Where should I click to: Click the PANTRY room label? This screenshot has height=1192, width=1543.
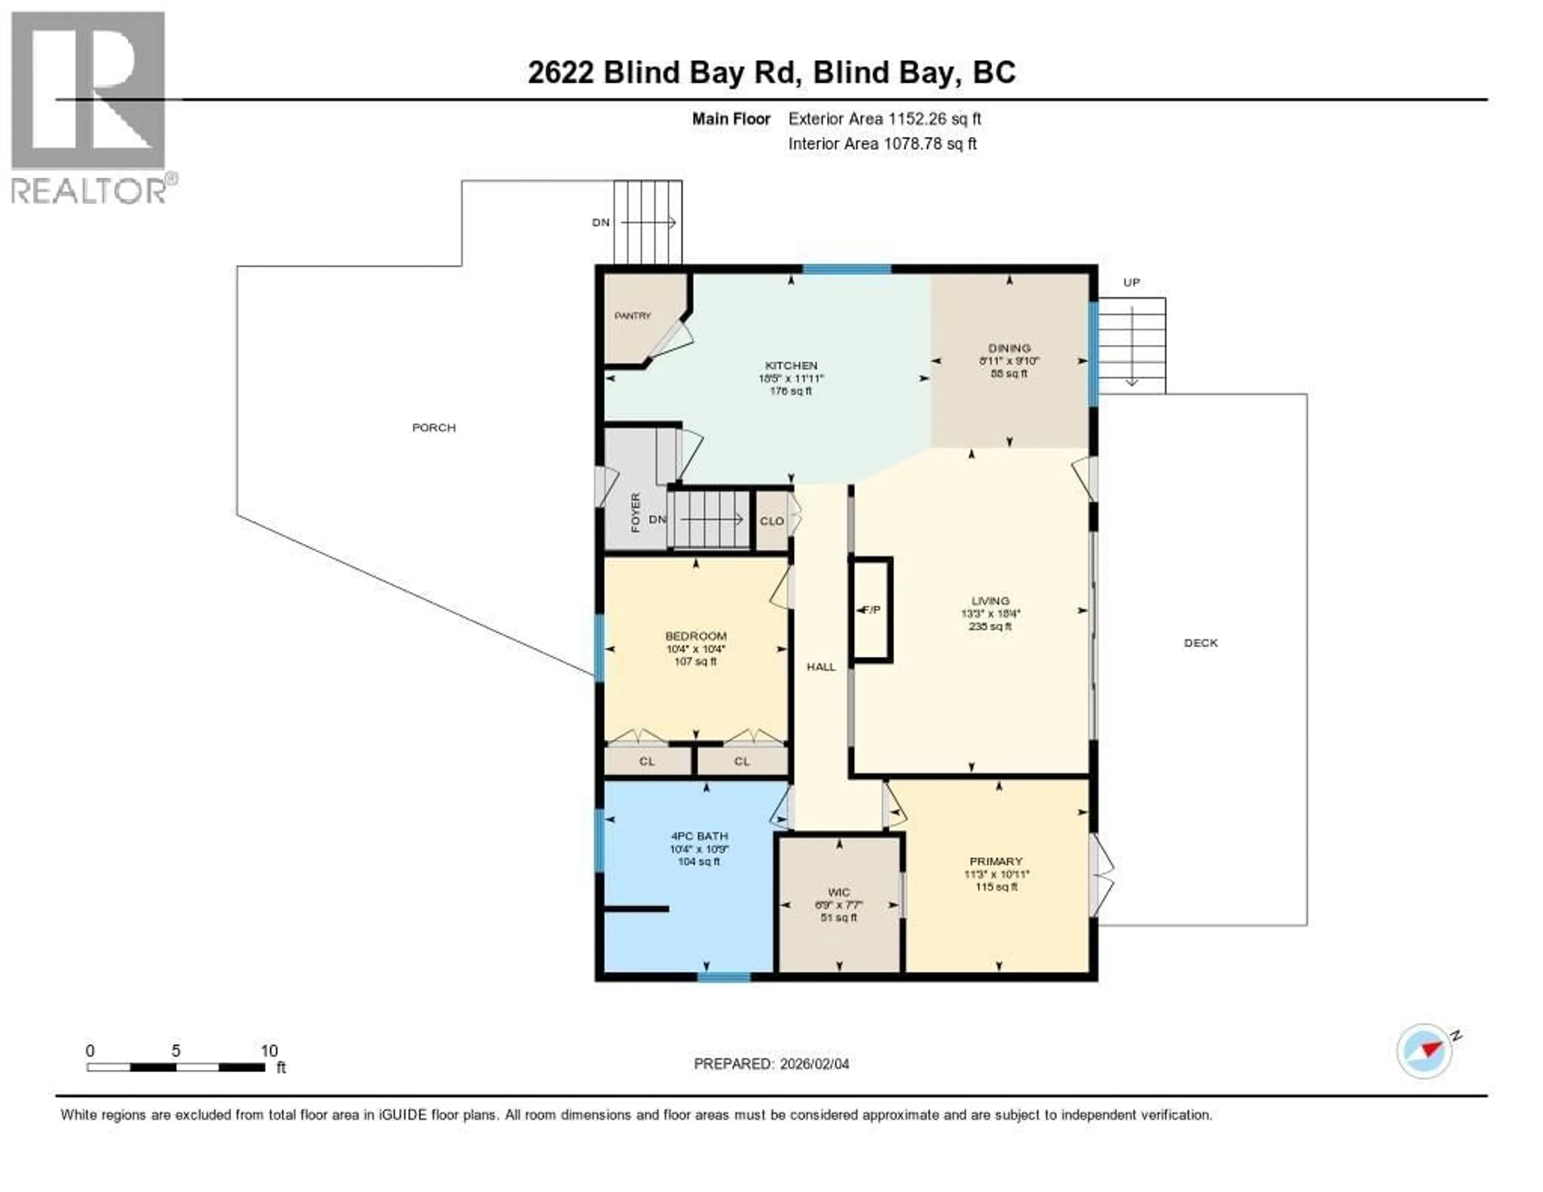coord(632,316)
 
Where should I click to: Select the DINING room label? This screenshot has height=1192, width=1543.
coord(1009,348)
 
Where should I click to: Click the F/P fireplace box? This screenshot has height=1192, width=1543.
coord(872,610)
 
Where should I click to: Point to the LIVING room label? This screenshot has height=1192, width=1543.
coord(990,600)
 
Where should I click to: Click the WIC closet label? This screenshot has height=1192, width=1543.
coord(839,893)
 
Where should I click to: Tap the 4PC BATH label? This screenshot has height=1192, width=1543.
coord(699,836)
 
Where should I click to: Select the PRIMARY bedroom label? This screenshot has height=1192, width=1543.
coord(995,861)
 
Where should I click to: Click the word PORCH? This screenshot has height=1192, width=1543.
coord(434,428)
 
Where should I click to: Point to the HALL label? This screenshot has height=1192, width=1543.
coord(821,666)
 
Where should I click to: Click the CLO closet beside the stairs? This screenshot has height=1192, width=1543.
coord(771,521)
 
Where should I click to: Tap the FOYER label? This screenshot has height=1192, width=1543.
coord(635,512)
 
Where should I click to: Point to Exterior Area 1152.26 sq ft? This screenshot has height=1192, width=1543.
coord(884,119)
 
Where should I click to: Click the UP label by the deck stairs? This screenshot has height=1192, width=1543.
coord(1131,283)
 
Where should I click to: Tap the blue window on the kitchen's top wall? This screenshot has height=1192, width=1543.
coord(846,268)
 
